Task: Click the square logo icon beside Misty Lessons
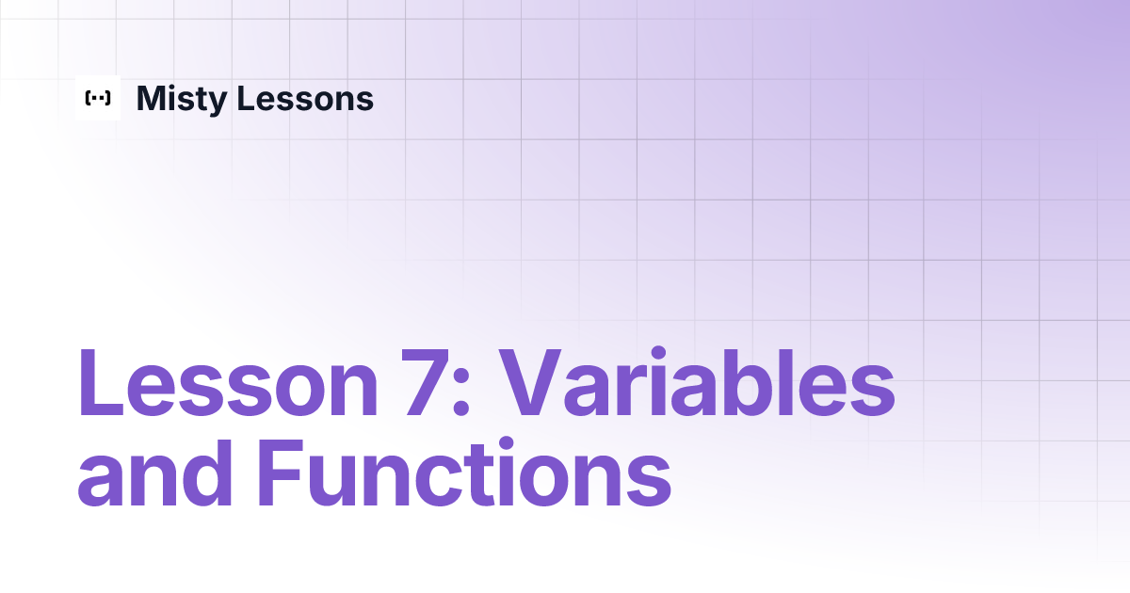pyautogui.click(x=98, y=98)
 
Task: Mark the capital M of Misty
pyautogui.click(x=153, y=98)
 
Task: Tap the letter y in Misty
pyautogui.click(x=213, y=103)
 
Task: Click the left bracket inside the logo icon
pyautogui.click(x=88, y=98)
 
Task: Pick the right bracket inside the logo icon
pyautogui.click(x=108, y=98)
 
